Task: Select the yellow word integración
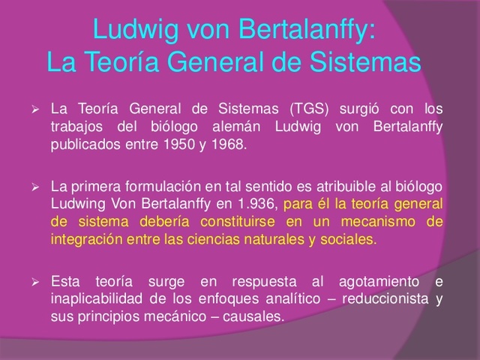pyautogui.click(x=86, y=239)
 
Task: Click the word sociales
pyautogui.click(x=351, y=239)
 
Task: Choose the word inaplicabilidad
pyautogui.click(x=97, y=299)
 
